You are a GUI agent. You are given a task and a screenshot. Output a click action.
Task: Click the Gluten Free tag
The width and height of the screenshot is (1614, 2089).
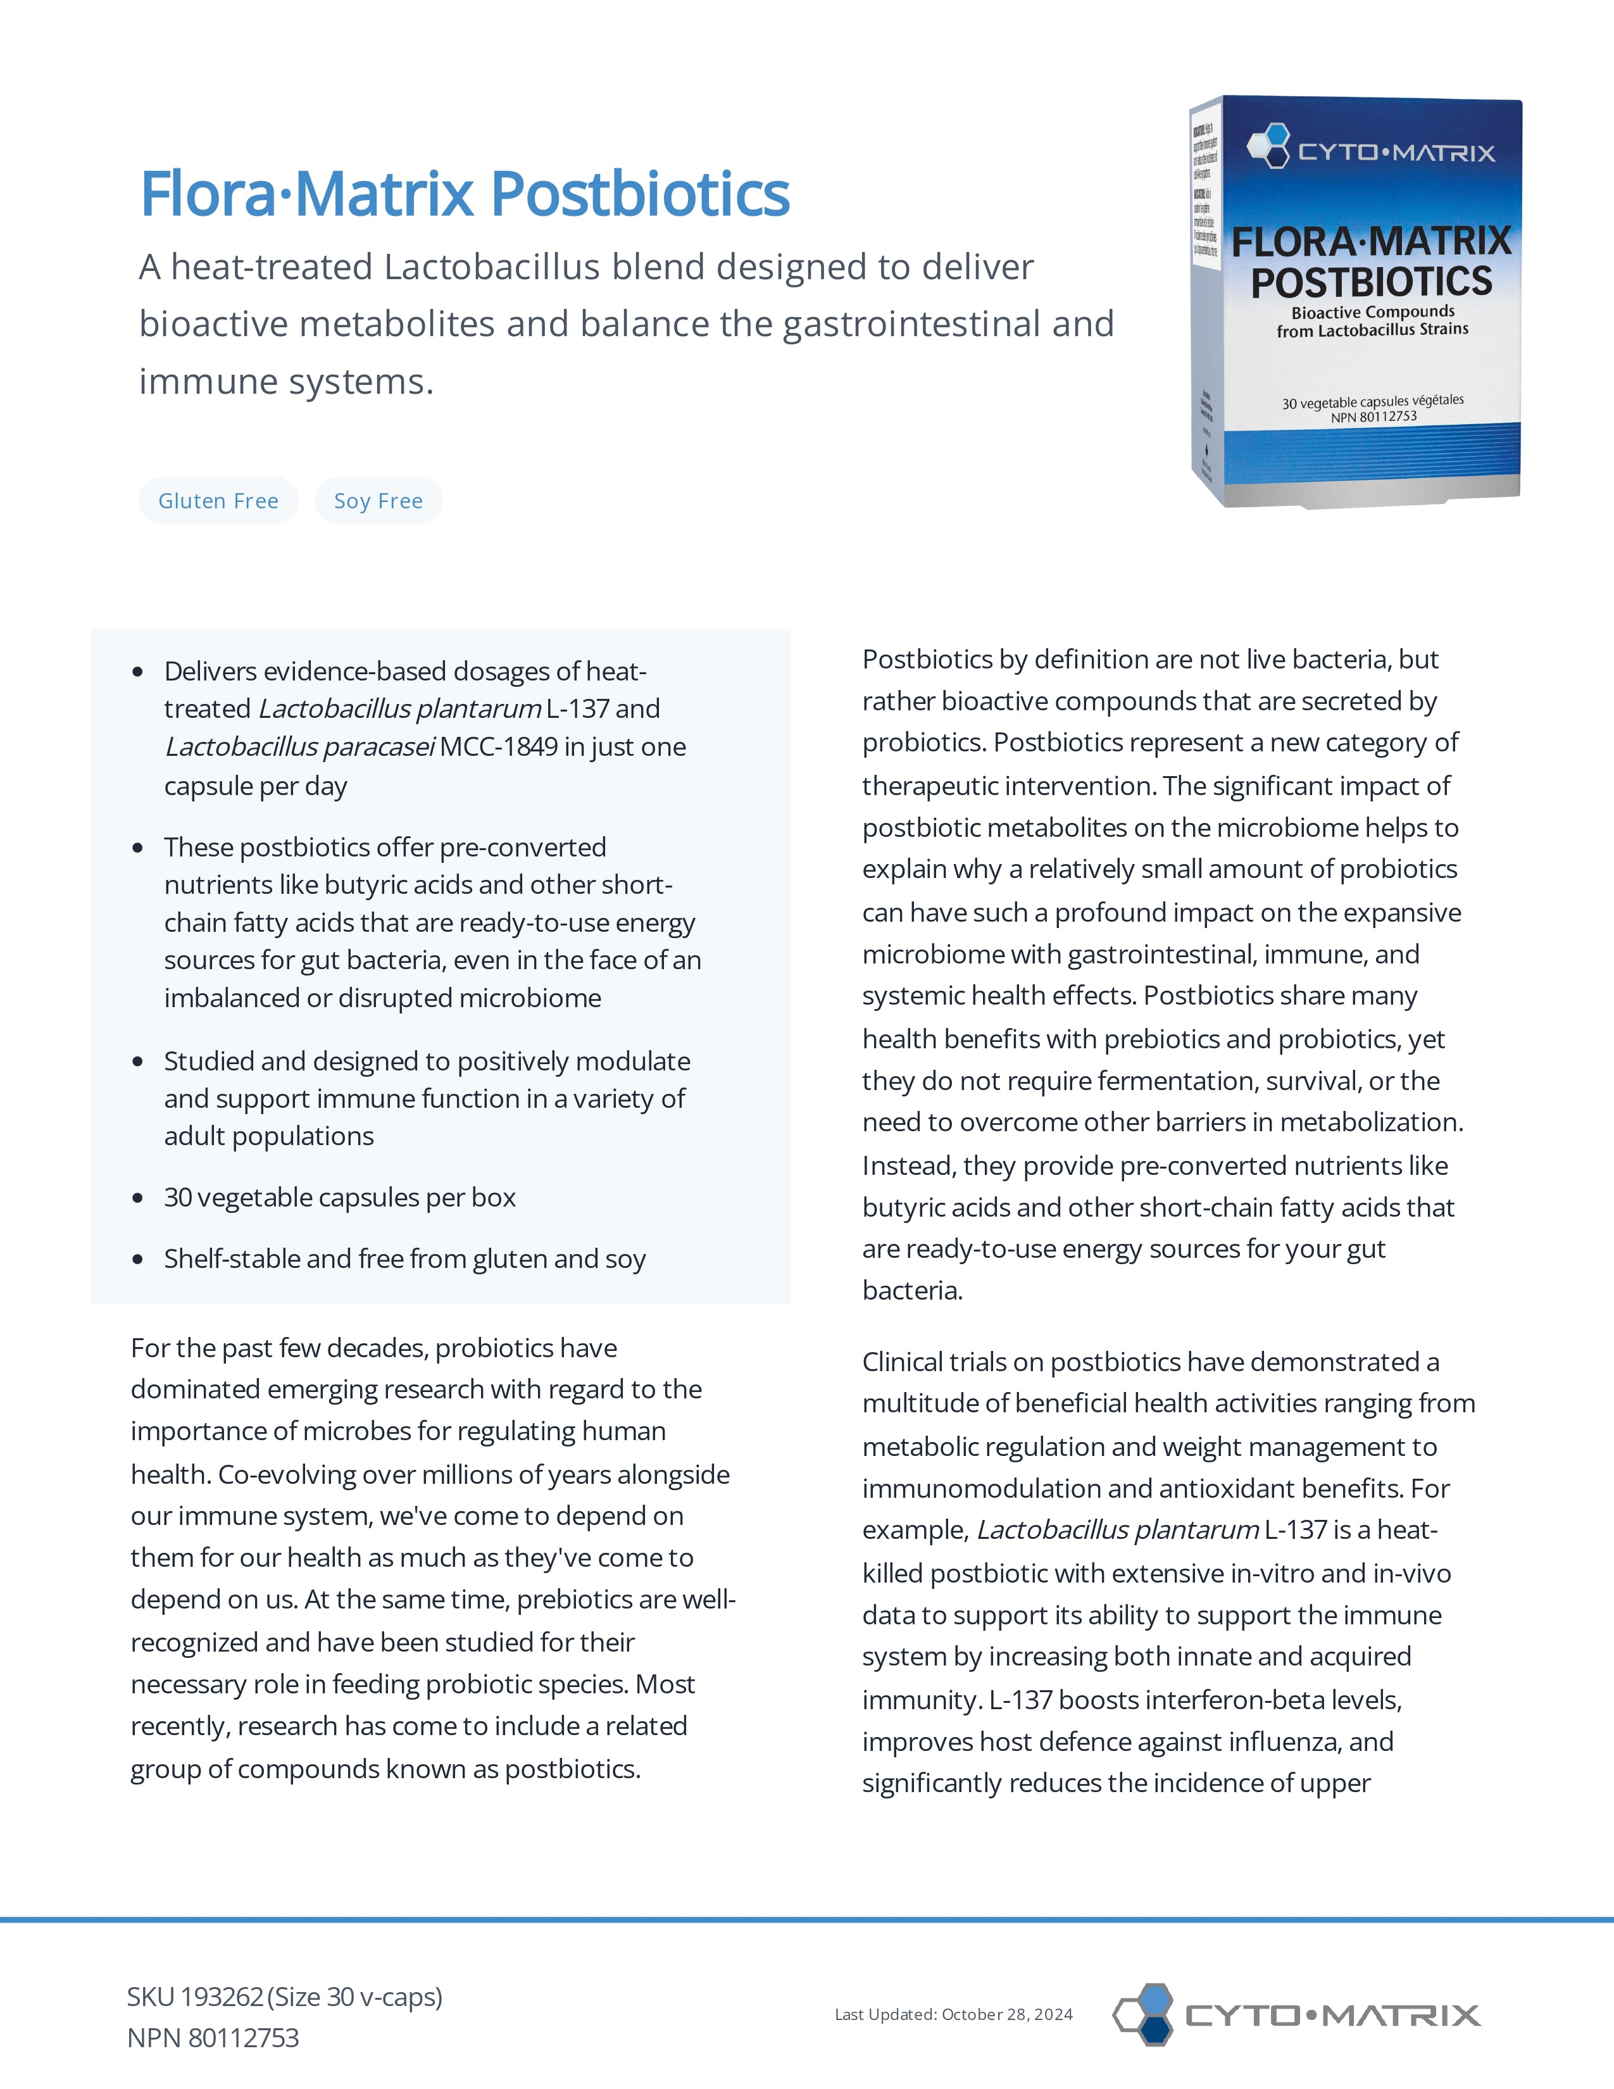[218, 501]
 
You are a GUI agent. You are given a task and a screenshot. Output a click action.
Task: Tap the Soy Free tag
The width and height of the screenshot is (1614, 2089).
[378, 501]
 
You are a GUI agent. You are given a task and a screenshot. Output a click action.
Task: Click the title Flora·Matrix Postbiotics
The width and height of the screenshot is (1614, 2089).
[465, 194]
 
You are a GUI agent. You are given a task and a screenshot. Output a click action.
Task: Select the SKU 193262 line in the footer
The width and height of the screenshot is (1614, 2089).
[284, 1997]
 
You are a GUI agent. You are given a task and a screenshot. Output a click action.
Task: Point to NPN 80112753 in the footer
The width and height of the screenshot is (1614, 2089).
[212, 2038]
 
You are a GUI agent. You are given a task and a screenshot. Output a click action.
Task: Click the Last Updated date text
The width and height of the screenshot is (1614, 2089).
[953, 2014]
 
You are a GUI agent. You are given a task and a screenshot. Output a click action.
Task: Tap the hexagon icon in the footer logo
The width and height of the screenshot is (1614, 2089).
[1144, 2014]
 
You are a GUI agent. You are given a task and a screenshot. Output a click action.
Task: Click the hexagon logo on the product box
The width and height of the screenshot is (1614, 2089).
[1268, 146]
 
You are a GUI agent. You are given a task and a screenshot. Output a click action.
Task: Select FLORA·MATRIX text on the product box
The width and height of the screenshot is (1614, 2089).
[1371, 242]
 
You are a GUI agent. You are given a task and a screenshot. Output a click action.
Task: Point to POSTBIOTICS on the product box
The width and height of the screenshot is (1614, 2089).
[1371, 282]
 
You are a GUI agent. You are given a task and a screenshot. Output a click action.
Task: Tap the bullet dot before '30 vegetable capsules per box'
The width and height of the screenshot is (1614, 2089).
[139, 1198]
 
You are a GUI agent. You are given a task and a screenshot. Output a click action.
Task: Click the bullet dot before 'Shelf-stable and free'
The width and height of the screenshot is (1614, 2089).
[139, 1260]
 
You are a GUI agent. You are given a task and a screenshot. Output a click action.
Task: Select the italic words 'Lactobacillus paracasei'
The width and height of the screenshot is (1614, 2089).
[299, 747]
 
